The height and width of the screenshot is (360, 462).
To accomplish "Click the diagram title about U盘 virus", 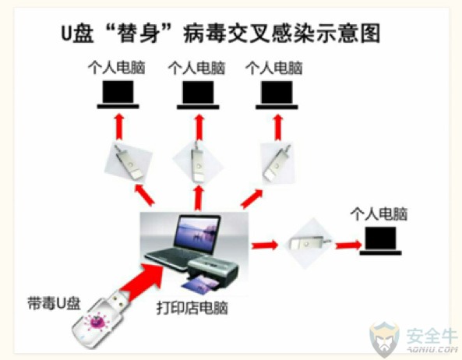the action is pyautogui.click(x=220, y=33).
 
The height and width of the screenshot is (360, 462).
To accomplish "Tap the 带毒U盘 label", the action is pyautogui.click(x=54, y=302).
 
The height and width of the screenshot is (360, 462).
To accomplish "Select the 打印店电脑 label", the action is pyautogui.click(x=192, y=308).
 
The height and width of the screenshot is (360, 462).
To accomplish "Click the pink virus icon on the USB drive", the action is pyautogui.click(x=97, y=322).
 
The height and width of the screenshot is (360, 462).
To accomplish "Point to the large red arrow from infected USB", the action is pyautogui.click(x=142, y=280).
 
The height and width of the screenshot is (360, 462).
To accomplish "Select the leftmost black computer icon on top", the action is pyautogui.click(x=118, y=94).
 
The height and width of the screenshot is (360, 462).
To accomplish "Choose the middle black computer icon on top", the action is pyautogui.click(x=198, y=94).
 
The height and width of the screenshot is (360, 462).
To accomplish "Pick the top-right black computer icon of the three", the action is pyautogui.click(x=277, y=94).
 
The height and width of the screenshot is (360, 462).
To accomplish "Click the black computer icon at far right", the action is pyautogui.click(x=380, y=241).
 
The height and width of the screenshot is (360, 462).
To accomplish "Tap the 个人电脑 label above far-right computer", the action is pyautogui.click(x=379, y=214).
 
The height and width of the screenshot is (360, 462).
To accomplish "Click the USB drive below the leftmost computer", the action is pyautogui.click(x=129, y=161).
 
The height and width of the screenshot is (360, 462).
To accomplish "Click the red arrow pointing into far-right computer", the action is pyautogui.click(x=348, y=245).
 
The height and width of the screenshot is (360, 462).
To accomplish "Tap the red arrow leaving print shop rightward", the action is pyautogui.click(x=265, y=245).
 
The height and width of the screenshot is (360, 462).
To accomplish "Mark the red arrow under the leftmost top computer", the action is pyautogui.click(x=119, y=127).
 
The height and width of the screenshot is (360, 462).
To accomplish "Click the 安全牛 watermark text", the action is pyautogui.click(x=432, y=336).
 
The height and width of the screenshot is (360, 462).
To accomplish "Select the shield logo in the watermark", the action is pyautogui.click(x=385, y=339).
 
